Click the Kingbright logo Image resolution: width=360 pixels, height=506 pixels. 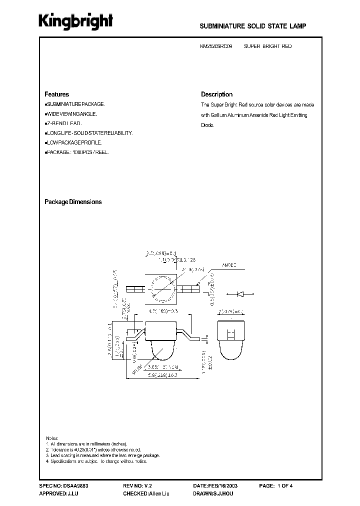pyautogui.click(x=76, y=21)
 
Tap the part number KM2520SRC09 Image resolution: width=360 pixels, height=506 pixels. pyautogui.click(x=216, y=46)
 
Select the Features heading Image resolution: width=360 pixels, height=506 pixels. pyautogui.click(x=56, y=94)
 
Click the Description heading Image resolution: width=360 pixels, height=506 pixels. pyautogui.click(x=216, y=94)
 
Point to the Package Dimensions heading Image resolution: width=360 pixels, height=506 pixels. pyautogui.click(x=73, y=202)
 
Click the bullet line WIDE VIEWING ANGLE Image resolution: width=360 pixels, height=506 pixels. pyautogui.click(x=71, y=113)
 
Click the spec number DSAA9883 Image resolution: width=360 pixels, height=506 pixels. pyautogui.click(x=63, y=485)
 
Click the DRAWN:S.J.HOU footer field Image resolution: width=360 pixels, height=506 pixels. pyautogui.click(x=212, y=493)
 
